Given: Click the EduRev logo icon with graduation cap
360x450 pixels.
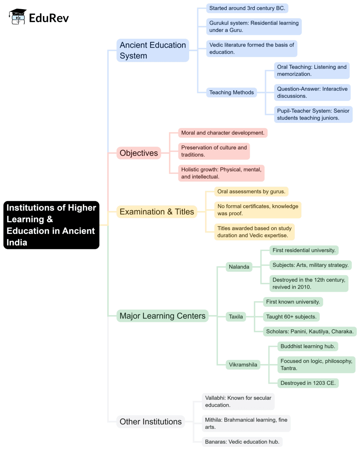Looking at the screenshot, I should tap(18, 17).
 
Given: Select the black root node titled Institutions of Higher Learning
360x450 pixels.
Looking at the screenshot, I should tap(51, 225).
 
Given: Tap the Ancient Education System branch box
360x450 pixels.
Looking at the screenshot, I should tap(153, 50).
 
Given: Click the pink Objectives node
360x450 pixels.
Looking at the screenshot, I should tap(139, 153).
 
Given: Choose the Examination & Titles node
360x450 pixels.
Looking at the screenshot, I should tap(157, 212).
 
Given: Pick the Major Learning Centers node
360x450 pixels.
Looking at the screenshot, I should tap(162, 316).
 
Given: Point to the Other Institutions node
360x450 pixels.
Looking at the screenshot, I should tap(150, 422).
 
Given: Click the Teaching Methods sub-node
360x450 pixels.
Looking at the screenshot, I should tap(231, 93).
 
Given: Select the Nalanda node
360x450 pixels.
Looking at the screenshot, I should tap(239, 267).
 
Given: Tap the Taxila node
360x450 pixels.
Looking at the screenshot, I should tap(236, 317).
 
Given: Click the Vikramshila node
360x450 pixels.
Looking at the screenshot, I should tap(243, 365).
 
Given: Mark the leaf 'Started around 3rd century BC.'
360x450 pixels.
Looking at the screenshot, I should tap(247, 8).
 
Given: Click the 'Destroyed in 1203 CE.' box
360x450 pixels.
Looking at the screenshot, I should tap(308, 383).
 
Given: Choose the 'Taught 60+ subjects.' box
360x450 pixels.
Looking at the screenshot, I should tap(291, 317).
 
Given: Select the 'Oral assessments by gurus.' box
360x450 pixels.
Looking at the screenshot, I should tap(251, 191).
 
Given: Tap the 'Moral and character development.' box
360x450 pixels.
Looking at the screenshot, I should tap(223, 133).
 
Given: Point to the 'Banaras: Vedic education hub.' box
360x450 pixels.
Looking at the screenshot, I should tap(242, 442).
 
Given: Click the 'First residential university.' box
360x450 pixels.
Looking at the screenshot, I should tap(304, 250).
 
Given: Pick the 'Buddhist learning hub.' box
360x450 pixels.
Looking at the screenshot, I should tap(308, 346).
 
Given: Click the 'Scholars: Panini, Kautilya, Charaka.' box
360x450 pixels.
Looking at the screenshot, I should tap(310, 331).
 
